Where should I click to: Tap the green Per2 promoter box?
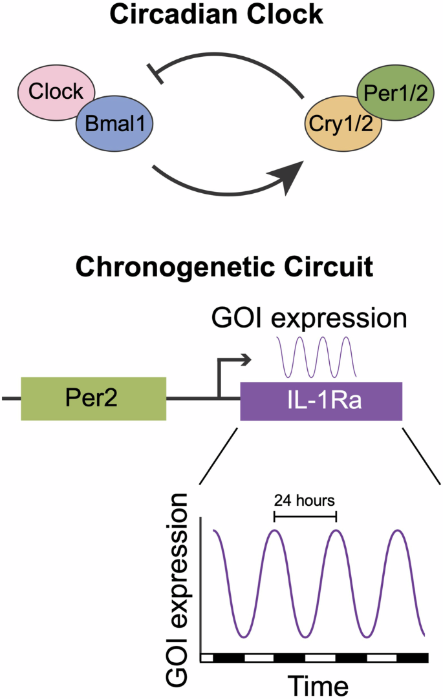[94, 399]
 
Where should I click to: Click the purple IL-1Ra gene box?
[321, 401]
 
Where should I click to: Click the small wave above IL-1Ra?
[316, 357]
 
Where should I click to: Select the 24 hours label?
[305, 500]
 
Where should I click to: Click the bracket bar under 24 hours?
[305, 516]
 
